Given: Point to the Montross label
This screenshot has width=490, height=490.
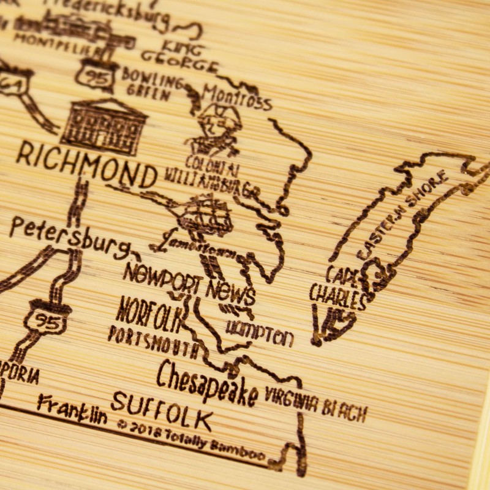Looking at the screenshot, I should point(236,98).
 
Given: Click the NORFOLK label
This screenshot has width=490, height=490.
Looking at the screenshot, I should point(151,313).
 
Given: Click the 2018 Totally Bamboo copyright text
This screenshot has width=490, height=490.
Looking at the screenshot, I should point(190,439).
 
